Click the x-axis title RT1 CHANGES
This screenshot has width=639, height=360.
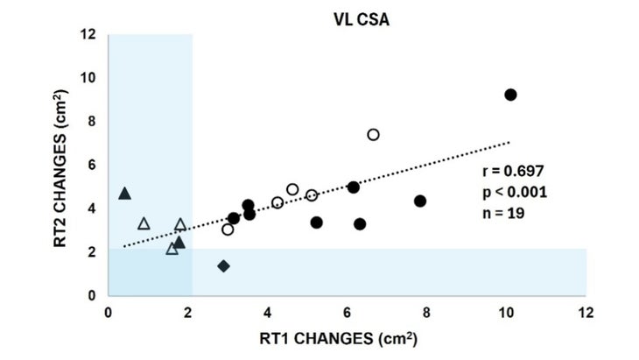[x=347, y=336]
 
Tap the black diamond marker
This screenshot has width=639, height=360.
[x=223, y=265]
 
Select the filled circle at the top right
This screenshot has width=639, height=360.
[x=510, y=95]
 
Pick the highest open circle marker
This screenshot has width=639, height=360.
[x=373, y=135]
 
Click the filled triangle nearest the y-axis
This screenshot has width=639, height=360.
[x=124, y=194]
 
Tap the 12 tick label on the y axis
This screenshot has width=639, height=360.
[x=88, y=35]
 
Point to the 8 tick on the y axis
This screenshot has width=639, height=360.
[x=92, y=122]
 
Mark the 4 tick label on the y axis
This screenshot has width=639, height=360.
[x=92, y=208]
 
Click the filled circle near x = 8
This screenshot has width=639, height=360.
[x=420, y=201]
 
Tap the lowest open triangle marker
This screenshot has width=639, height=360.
[x=172, y=249]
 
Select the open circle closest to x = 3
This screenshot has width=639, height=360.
[x=228, y=229]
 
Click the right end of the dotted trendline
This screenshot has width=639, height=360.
[x=509, y=141]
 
